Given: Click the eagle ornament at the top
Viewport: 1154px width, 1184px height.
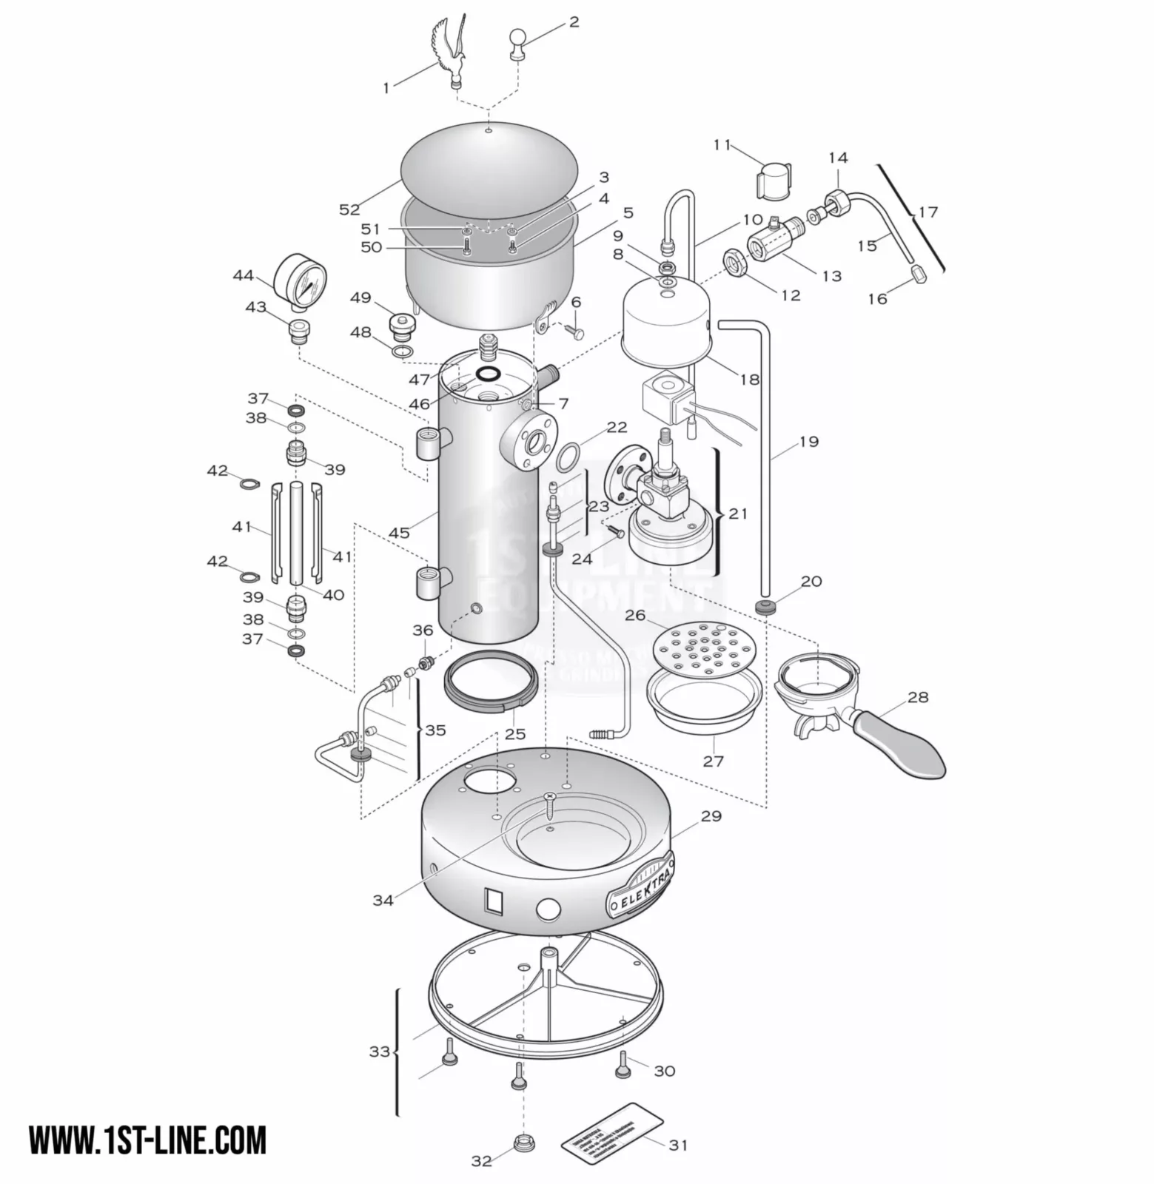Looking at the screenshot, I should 452,52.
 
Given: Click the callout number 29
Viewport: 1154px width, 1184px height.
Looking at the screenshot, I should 711,816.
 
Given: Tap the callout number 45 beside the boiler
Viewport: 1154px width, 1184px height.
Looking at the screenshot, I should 399,533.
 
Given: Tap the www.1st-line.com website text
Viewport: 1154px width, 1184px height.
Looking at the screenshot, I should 147,1140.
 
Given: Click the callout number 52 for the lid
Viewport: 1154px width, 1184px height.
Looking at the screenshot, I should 349,210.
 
